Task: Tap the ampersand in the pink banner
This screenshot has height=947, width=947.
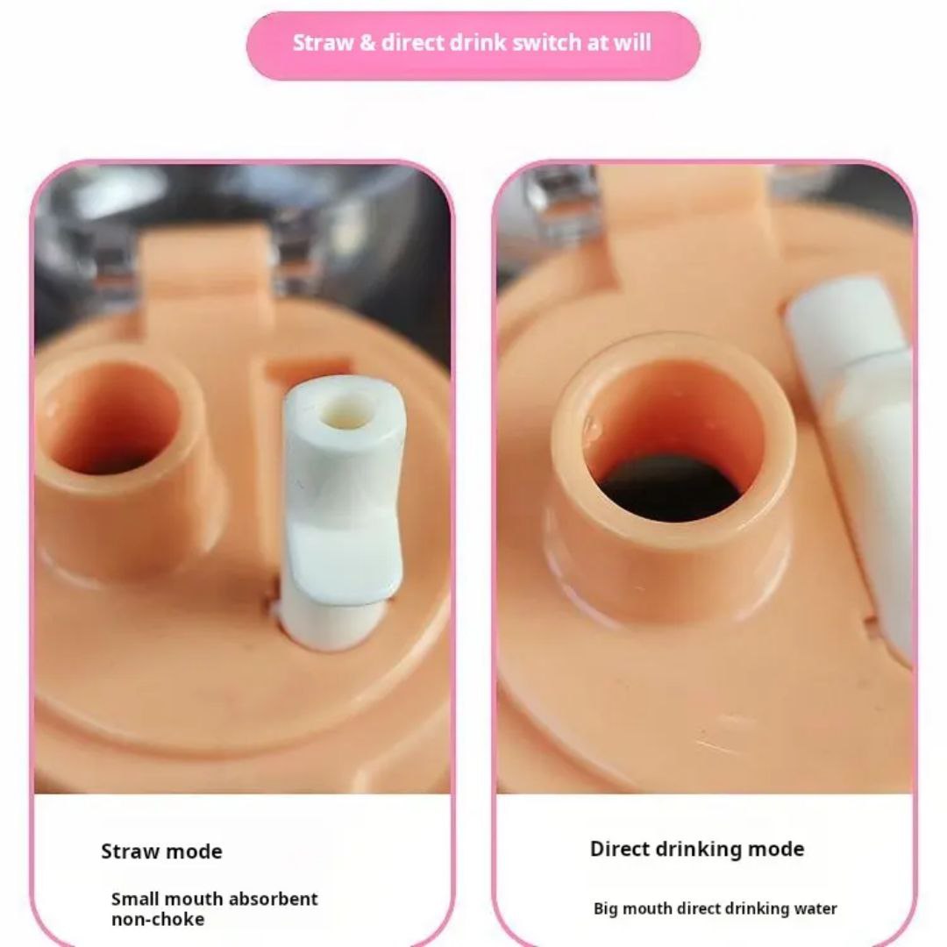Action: [367, 43]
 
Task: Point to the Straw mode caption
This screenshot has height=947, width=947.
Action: [162, 851]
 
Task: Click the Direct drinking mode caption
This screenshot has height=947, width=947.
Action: [697, 849]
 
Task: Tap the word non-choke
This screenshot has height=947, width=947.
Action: [158, 919]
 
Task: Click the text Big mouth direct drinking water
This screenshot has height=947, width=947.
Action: [716, 908]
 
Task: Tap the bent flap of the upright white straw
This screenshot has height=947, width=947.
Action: [341, 559]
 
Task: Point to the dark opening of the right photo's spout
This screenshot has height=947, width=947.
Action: [671, 488]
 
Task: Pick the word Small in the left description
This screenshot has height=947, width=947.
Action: [135, 899]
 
